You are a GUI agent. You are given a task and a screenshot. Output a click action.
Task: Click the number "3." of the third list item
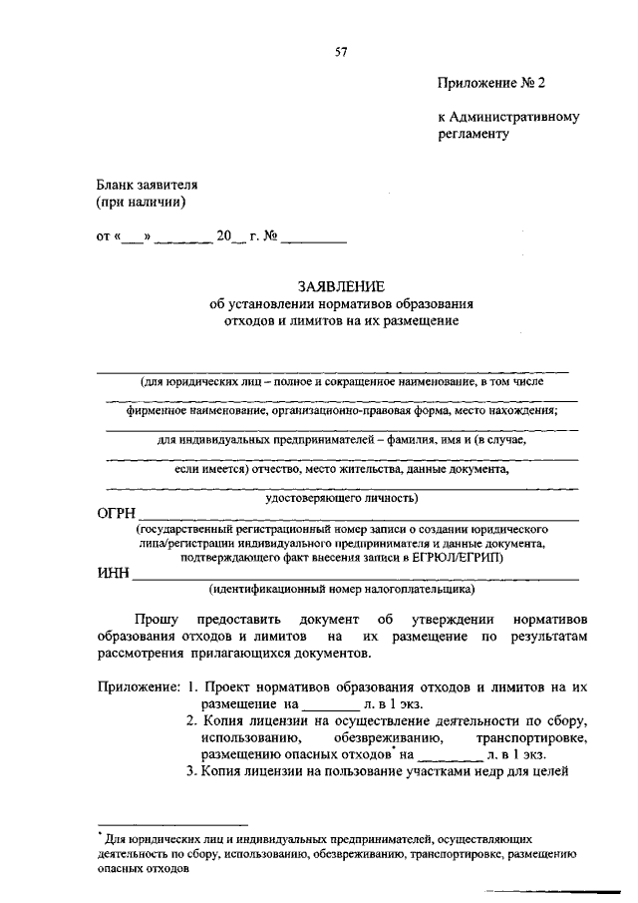193,771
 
